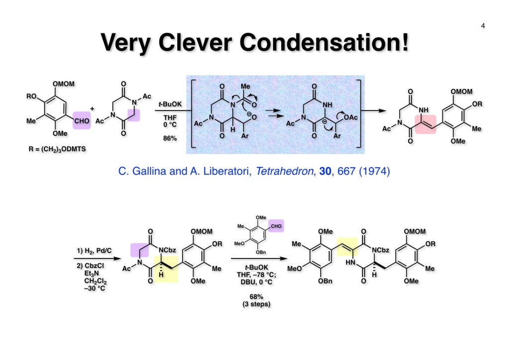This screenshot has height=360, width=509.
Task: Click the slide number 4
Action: point(483,25)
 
